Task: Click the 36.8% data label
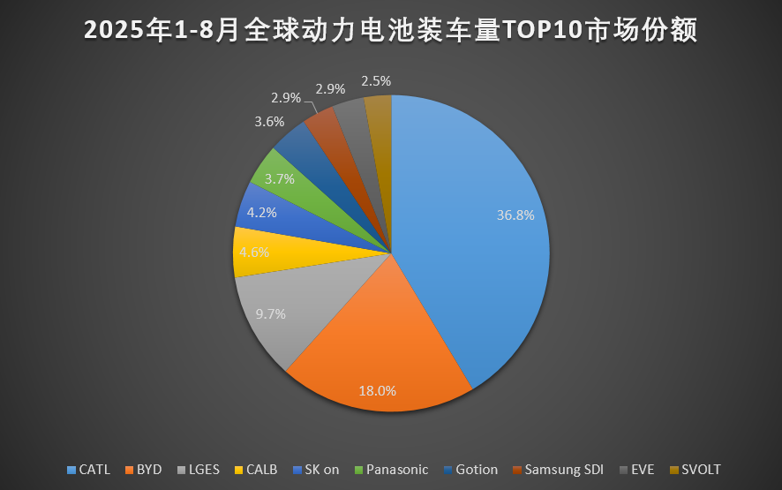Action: [515, 214]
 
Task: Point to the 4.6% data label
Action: [254, 252]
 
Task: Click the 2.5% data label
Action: [376, 80]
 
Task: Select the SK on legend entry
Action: [320, 470]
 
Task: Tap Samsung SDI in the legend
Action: [563, 470]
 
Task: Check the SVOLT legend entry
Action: [702, 470]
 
